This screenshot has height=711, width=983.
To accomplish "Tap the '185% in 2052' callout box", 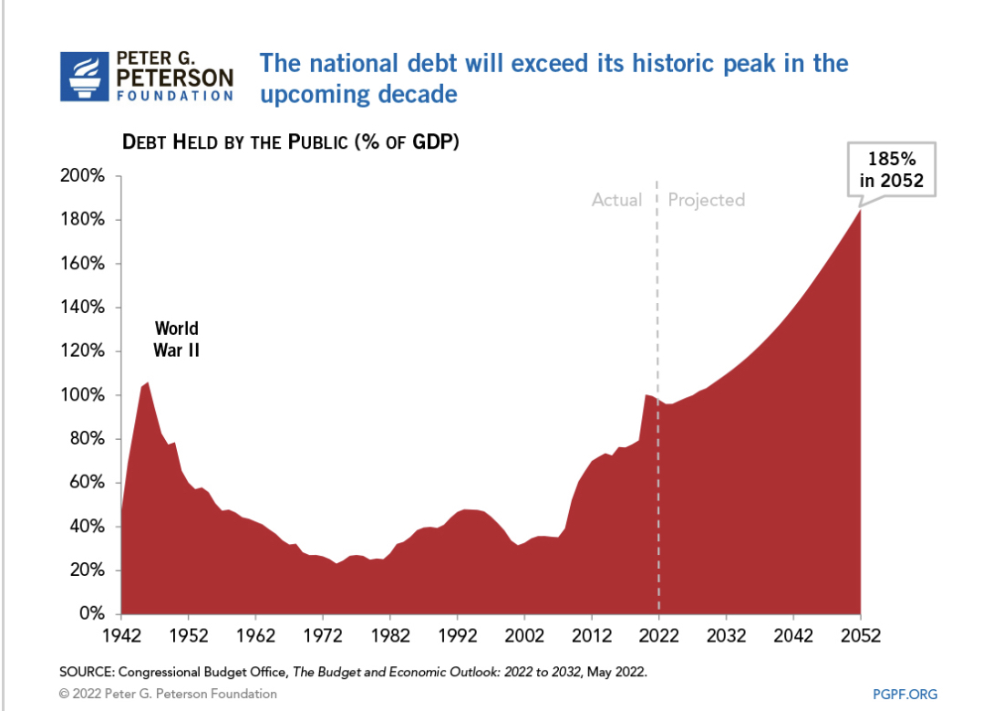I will pyautogui.click(x=891, y=169).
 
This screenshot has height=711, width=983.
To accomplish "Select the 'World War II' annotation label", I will pyautogui.click(x=176, y=339).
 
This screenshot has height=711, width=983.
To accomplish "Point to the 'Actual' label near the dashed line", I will pyautogui.click(x=616, y=200).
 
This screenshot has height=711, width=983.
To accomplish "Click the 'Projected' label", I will pyautogui.click(x=706, y=200).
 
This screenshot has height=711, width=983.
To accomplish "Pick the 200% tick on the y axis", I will pyautogui.click(x=87, y=176).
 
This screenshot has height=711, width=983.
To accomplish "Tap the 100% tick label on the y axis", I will pyautogui.click(x=87, y=395).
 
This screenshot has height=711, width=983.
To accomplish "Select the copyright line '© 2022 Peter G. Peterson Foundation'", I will pyautogui.click(x=168, y=694).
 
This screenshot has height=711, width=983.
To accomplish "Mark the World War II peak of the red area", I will pyautogui.click(x=148, y=383).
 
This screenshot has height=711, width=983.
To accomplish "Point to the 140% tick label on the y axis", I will pyautogui.click(x=87, y=308).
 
